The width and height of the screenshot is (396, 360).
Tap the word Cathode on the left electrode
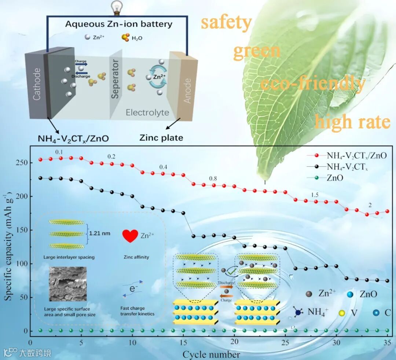[x=37, y=84]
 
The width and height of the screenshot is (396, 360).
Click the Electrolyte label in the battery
[x=147, y=112]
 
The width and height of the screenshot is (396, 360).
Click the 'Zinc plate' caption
[x=161, y=138]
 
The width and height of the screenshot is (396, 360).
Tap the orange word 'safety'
[x=225, y=23]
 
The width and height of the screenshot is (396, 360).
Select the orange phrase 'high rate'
[x=353, y=121]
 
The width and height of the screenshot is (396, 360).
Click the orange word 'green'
[x=257, y=51]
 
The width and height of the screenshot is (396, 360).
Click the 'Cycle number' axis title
[x=212, y=354]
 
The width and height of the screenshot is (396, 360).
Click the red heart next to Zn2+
[x=130, y=236]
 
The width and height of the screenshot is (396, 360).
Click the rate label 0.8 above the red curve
[x=213, y=179]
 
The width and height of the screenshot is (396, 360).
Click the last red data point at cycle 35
[x=387, y=212]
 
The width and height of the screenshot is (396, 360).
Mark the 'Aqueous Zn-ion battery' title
[x=118, y=25]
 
